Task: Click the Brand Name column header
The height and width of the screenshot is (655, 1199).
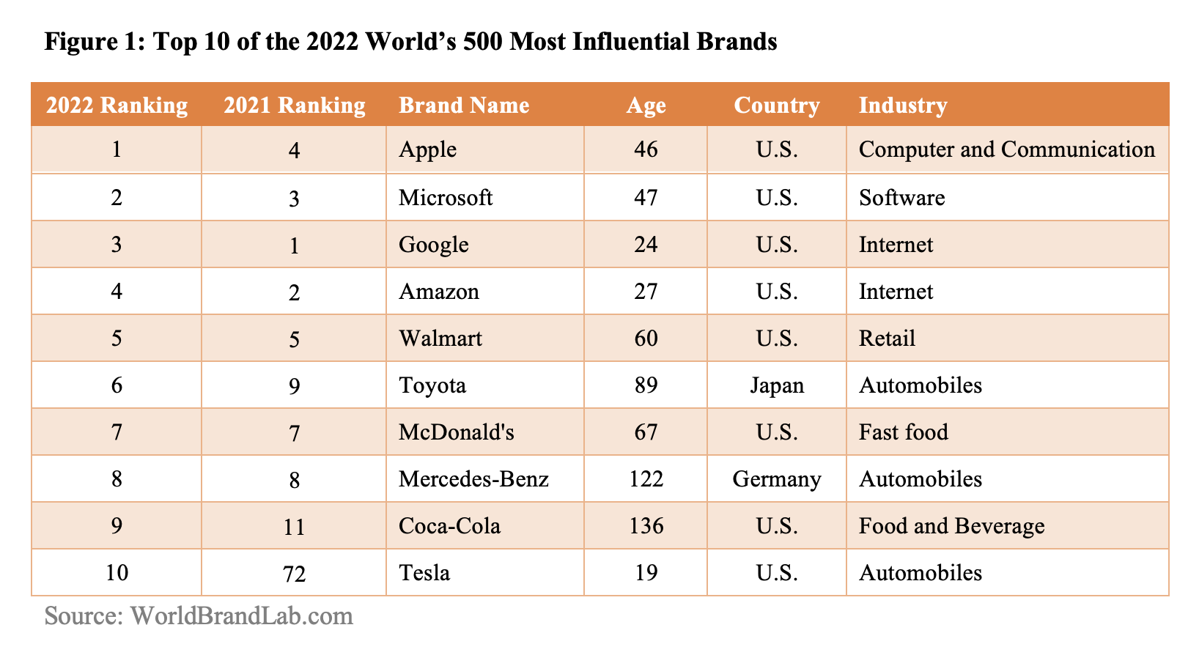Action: pyautogui.click(x=463, y=106)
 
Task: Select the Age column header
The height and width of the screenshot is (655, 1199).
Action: pyautogui.click(x=646, y=106)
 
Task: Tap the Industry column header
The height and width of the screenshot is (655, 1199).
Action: pyautogui.click(x=902, y=106)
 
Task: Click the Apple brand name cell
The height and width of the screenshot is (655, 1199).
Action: pyautogui.click(x=427, y=149)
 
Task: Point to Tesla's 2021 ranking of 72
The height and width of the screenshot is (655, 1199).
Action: pyautogui.click(x=294, y=573)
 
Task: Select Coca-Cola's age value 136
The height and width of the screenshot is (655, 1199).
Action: pyautogui.click(x=646, y=526)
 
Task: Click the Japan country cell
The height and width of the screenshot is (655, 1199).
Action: pyautogui.click(x=777, y=385)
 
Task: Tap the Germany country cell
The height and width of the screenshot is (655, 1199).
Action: pyautogui.click(x=777, y=479)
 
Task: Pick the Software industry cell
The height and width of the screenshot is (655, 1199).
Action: pyautogui.click(x=901, y=197)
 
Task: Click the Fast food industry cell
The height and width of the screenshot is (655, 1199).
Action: pyautogui.click(x=903, y=432)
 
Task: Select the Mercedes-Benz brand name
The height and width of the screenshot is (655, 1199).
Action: pyautogui.click(x=473, y=479)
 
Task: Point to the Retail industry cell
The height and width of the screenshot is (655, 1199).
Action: pyautogui.click(x=887, y=338)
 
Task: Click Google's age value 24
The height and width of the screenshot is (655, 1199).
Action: pyautogui.click(x=646, y=244)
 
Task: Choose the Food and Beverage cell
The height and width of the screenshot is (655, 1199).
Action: pyautogui.click(x=951, y=526)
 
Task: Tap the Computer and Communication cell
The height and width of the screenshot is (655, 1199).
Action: pyautogui.click(x=1006, y=149)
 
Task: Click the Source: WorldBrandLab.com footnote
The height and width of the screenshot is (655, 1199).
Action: pyautogui.click(x=199, y=615)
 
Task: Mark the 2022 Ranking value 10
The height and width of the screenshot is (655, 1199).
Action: pyautogui.click(x=117, y=572)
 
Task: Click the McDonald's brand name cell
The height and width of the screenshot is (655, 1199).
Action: pyautogui.click(x=456, y=432)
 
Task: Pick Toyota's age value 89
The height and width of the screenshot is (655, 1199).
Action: pyautogui.click(x=646, y=385)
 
